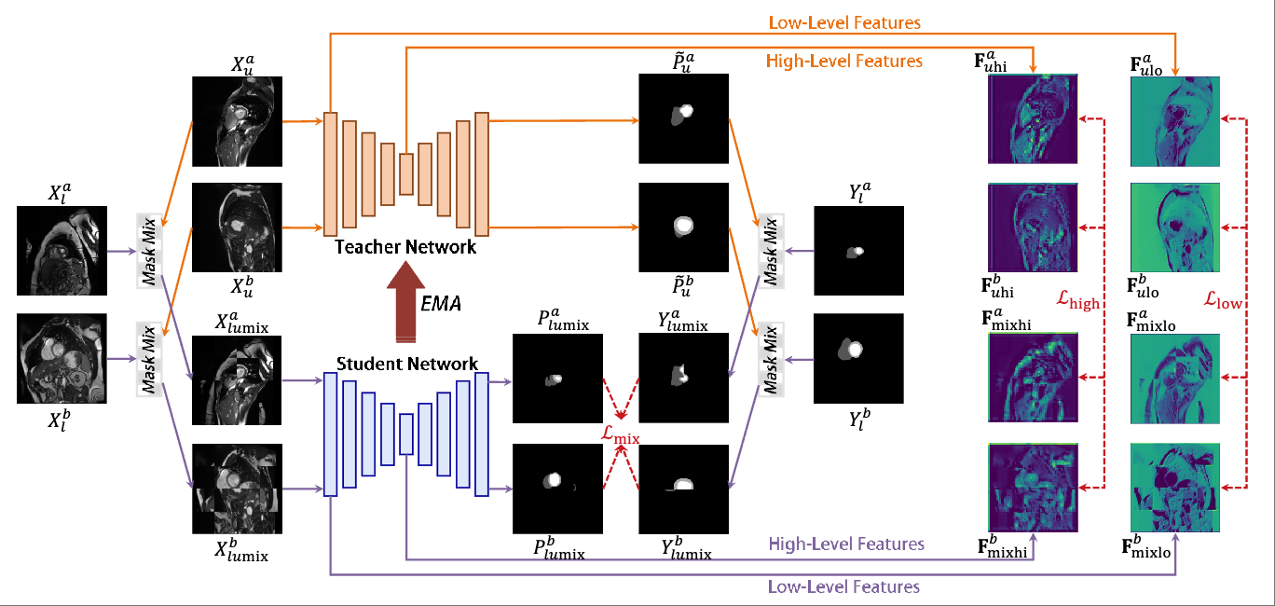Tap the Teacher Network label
coord(405,247)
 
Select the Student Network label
coord(407,364)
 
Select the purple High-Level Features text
coord(845,544)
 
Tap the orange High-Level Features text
coord(844,62)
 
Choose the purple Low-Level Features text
coord(843,586)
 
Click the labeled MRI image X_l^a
coord(62,250)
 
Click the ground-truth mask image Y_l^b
coord(859,358)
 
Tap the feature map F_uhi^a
coord(1033,118)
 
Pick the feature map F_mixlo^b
coord(1175,489)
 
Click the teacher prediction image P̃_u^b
coord(683,227)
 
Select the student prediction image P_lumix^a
coord(557,379)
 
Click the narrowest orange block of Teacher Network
coord(406,174)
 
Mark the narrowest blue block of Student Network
coord(406,434)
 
